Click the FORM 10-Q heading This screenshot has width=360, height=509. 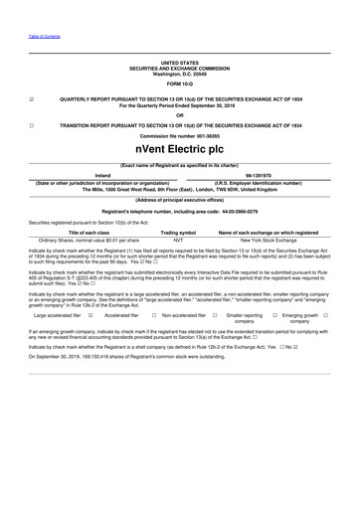coord(179,83)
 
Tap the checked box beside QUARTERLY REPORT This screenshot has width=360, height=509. coord(33,99)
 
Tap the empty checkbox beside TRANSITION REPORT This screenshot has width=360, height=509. coord(33,125)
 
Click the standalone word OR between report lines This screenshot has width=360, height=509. coord(179,112)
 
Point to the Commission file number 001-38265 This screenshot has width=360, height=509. coord(179,137)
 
